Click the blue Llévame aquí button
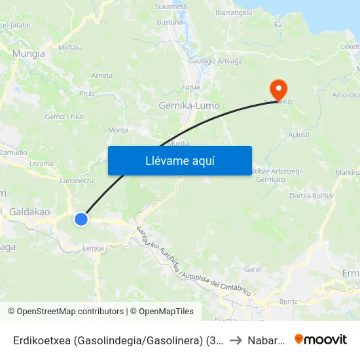click(x=179, y=160)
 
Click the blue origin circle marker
click(x=81, y=219)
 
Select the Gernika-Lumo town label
click(x=189, y=105)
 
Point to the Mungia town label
click(x=29, y=54)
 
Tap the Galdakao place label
click(x=29, y=211)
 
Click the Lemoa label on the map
click(x=94, y=248)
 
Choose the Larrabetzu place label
click(x=77, y=180)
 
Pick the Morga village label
click(x=118, y=130)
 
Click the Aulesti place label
click(x=298, y=134)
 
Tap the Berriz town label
click(x=288, y=301)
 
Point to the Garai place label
click(x=252, y=269)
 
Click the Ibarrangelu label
click(x=234, y=12)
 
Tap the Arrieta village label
click(x=102, y=75)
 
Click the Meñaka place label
click(x=71, y=48)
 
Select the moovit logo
click(x=321, y=339)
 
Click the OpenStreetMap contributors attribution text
click(x=65, y=312)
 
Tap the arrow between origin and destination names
click(x=236, y=340)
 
